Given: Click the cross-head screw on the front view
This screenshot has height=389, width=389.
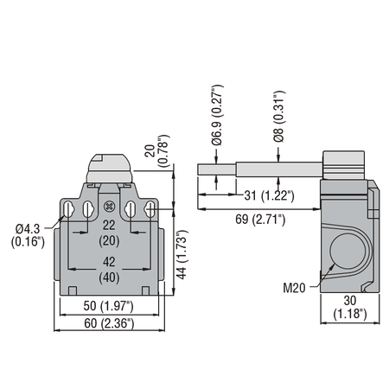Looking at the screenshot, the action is pos(109,206).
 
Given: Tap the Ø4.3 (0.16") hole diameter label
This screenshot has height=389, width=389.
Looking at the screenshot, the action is pos(28,235).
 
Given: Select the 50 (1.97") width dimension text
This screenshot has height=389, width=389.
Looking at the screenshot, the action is pos(108,306).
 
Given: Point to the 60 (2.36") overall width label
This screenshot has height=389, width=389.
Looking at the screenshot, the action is pos(109,323).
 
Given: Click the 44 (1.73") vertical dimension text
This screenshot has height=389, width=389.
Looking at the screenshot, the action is pos(182,254).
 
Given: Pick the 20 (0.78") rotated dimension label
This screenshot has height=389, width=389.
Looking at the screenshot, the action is pos(157,150).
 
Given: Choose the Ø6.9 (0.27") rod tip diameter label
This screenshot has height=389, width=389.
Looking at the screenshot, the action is pos(217,115).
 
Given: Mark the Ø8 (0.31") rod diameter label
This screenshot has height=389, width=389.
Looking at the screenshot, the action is pos(279,116).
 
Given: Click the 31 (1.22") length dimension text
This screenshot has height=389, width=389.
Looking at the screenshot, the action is pos(269,195).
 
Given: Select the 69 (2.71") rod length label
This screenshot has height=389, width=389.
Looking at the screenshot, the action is pos(260,220).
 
